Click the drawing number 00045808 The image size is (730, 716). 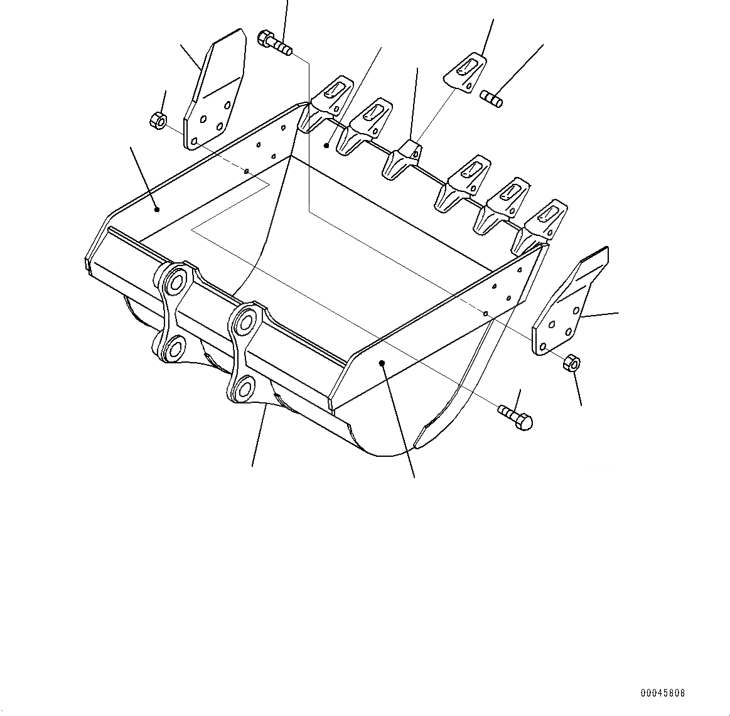click(x=663, y=693)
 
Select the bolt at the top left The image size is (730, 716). click(x=274, y=42)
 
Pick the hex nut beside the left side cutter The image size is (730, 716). click(x=158, y=119)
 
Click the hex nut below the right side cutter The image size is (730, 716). click(x=572, y=363)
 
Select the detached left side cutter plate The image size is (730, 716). click(x=213, y=91)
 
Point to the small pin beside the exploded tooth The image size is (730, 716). click(x=491, y=98)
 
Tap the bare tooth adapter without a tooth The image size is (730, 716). click(x=402, y=159)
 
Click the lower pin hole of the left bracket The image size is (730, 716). click(x=174, y=346)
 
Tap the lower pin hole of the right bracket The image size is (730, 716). click(x=246, y=388)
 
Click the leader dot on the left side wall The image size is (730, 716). click(x=157, y=210)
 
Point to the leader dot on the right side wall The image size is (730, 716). click(x=382, y=363)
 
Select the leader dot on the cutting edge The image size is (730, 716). click(x=326, y=146)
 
